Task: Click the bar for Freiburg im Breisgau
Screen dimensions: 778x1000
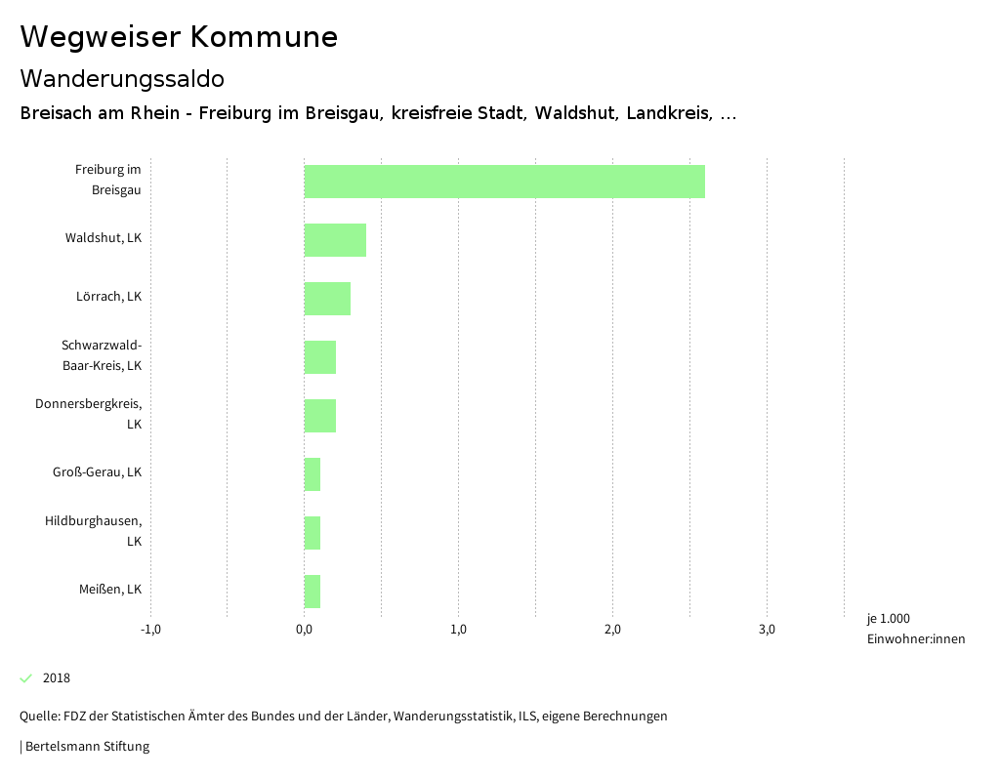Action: [x=504, y=182]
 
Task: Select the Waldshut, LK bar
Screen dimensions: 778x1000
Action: [x=335, y=240]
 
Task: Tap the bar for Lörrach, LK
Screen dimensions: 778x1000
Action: [x=327, y=299]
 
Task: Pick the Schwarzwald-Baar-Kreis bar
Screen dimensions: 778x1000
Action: [x=320, y=357]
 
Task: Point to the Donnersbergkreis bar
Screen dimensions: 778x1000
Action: [x=320, y=416]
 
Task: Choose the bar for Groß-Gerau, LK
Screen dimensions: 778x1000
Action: [x=312, y=474]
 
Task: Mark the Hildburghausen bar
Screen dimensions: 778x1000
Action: [x=312, y=533]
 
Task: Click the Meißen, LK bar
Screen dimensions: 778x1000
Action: [x=312, y=592]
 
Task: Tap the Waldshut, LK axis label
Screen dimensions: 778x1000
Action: [x=104, y=238]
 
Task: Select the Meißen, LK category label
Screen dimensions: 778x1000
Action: [x=110, y=590]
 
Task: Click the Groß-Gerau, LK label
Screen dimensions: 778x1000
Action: [x=97, y=472]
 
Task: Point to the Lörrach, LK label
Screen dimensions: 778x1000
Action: [x=108, y=297]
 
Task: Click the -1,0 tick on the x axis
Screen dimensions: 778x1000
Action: [x=150, y=630]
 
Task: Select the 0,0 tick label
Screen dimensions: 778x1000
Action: [x=304, y=630]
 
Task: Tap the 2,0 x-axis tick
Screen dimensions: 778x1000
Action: [x=612, y=630]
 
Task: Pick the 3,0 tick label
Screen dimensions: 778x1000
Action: [x=767, y=630]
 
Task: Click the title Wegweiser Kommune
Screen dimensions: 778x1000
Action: [x=179, y=37]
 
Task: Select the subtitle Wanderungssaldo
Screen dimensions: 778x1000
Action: [x=122, y=78]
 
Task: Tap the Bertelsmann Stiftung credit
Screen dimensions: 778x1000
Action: [x=86, y=747]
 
